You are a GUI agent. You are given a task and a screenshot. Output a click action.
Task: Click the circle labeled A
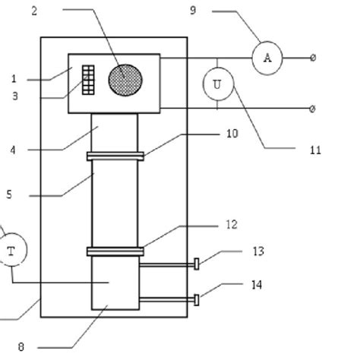pyautogui.click(x=267, y=57)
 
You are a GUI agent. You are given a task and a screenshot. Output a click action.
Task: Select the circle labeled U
pyautogui.click(x=218, y=85)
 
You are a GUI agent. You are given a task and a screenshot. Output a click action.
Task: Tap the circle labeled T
pyautogui.click(x=11, y=250)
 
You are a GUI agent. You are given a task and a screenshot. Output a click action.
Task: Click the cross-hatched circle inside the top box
pyautogui.click(x=125, y=80)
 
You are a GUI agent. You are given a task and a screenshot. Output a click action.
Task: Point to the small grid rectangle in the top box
pyautogui.click(x=89, y=79)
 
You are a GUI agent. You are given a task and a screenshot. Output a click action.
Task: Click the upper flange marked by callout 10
pyautogui.click(x=115, y=156)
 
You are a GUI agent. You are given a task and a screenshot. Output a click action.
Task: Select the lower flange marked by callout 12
pyautogui.click(x=115, y=251)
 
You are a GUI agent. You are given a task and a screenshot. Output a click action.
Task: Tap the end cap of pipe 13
pyautogui.click(x=197, y=264)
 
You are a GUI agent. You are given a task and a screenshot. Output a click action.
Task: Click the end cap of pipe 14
pyautogui.click(x=197, y=300)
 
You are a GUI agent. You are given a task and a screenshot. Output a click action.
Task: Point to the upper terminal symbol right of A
pyautogui.click(x=313, y=58)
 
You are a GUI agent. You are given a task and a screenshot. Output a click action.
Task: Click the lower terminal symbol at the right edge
pyautogui.click(x=313, y=109)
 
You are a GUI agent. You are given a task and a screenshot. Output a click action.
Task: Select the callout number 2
pyautogui.click(x=33, y=10)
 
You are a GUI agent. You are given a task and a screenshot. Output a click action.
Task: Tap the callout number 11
pyautogui.click(x=315, y=150)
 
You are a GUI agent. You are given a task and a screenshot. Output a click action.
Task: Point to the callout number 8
pyautogui.click(x=21, y=346)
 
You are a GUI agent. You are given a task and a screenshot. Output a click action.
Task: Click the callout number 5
pyautogui.click(x=9, y=194)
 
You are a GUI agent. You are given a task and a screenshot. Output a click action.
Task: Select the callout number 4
pyautogui.click(x=13, y=150)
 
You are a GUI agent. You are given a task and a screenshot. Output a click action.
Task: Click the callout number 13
pyautogui.click(x=258, y=251)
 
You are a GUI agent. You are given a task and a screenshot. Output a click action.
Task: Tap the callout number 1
pyautogui.click(x=14, y=78)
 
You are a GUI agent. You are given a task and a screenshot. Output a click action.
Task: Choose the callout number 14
pyautogui.click(x=258, y=285)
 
